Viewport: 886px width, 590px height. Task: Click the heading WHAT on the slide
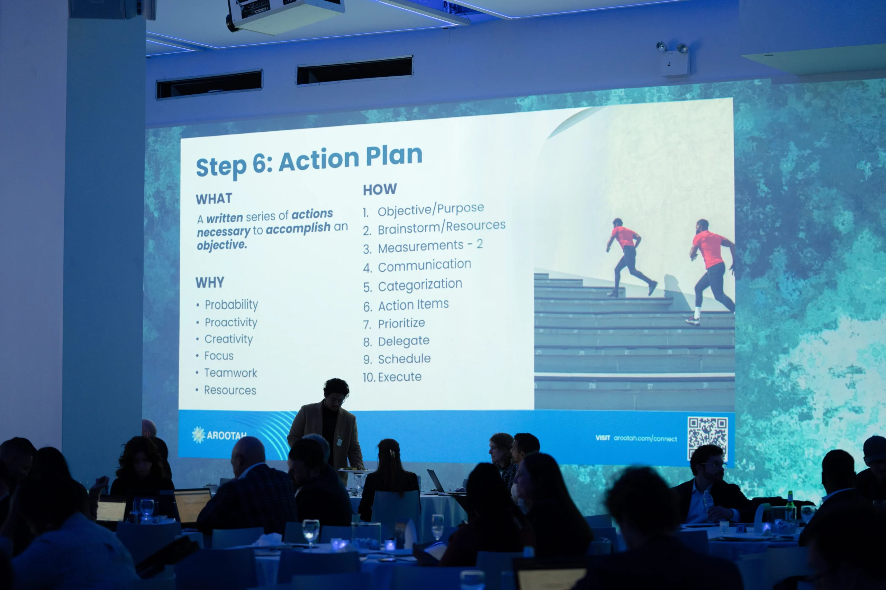214,199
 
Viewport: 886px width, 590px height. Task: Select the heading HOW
380,189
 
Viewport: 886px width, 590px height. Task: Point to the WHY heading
210,282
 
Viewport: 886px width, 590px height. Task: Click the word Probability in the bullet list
231,305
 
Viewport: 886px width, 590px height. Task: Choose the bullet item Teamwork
230,373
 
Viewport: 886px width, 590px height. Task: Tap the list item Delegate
404,341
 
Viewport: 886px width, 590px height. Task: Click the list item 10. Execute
392,377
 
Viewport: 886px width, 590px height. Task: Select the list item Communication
425,265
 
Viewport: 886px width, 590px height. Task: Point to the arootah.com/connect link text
645,438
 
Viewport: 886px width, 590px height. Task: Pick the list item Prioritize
401,323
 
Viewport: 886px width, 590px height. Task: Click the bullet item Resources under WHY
230,390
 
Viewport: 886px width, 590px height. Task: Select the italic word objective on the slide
222,245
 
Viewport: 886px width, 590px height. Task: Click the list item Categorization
420,285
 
